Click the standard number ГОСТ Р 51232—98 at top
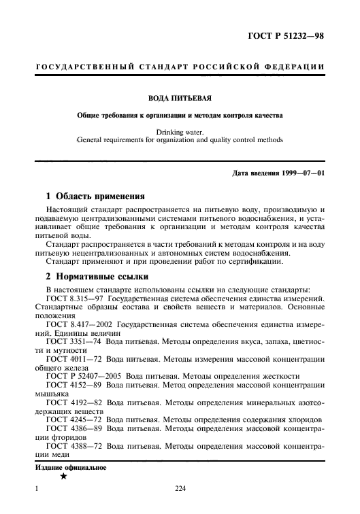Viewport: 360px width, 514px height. point(287,36)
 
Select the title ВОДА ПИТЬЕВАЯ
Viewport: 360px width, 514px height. point(180,98)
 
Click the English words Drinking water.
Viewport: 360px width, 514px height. point(180,131)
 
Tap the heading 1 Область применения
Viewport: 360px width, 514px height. point(91,194)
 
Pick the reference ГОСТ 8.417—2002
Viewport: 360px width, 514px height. point(79,325)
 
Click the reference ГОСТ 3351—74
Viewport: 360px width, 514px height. point(74,343)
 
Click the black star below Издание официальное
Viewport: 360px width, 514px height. point(63,478)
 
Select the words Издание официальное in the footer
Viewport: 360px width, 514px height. point(71,468)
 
